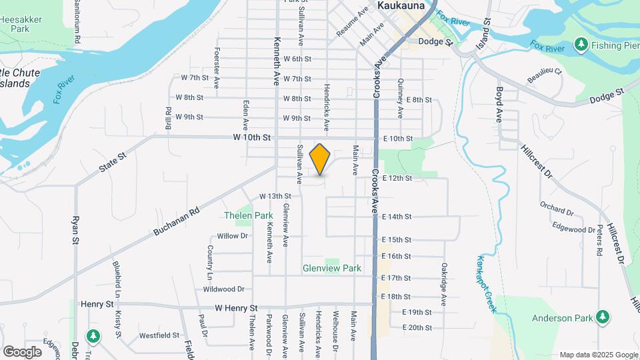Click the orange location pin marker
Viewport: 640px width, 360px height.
pyautogui.click(x=320, y=159)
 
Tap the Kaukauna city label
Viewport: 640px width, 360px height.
pyautogui.click(x=401, y=5)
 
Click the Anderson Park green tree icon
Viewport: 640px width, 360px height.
pyautogui.click(x=603, y=316)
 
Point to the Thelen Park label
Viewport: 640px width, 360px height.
pyautogui.click(x=248, y=216)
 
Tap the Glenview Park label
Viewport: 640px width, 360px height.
pyautogui.click(x=332, y=268)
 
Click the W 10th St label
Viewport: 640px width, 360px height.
pyautogui.click(x=251, y=137)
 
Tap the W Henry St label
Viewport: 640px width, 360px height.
pyautogui.click(x=236, y=308)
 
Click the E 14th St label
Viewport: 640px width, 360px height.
pyautogui.click(x=397, y=217)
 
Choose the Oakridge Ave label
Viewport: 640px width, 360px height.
pyautogui.click(x=443, y=284)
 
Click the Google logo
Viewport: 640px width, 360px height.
pyautogui.click(x=22, y=351)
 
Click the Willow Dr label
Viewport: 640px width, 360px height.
pyautogui.click(x=232, y=236)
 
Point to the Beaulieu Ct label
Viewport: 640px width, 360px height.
pyautogui.click(x=545, y=71)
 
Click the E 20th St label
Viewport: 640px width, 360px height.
pyautogui.click(x=417, y=327)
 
